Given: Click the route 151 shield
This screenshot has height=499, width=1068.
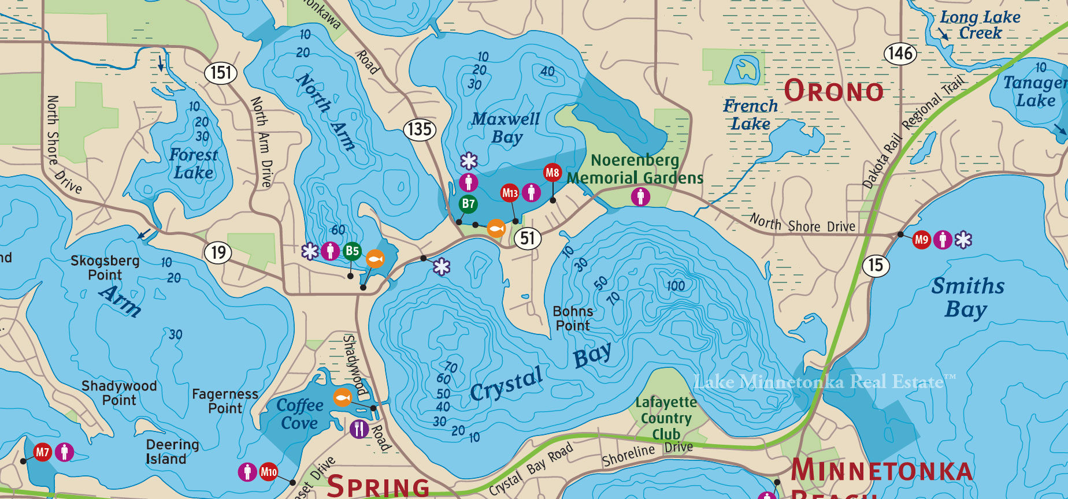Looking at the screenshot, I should pos(221,73).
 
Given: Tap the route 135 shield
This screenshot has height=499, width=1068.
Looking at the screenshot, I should pos(420,129).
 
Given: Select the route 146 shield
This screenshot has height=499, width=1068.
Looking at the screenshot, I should pos(900,54).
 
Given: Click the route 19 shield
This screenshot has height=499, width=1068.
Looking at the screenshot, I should pos(218,252).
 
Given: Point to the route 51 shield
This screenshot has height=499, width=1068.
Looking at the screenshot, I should pos(527,238).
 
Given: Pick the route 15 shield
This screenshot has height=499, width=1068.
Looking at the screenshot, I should pos(876,265).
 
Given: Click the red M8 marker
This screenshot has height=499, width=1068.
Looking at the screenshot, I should pos(552,172).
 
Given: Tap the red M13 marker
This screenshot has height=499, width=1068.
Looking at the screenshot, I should pos(510,193).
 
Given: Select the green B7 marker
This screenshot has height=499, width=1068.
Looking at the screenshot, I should pos(468,203).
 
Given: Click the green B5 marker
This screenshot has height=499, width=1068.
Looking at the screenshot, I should pos(352,251).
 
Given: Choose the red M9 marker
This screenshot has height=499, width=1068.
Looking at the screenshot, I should pos(922,239).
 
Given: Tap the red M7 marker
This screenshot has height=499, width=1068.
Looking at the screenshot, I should pos(43,452).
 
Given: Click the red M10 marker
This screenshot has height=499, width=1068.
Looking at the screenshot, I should pos(268,472).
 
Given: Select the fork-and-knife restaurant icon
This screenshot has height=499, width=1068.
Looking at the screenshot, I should pos(359,429).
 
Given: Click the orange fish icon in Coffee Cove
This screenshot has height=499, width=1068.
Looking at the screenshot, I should pos(343,397).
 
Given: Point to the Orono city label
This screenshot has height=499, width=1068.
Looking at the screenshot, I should pos(833,91).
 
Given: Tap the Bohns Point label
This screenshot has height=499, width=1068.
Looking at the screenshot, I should pos(572,318).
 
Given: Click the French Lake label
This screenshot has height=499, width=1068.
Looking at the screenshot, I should pos(750,114).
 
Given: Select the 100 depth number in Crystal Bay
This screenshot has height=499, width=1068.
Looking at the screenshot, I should pos(675,286).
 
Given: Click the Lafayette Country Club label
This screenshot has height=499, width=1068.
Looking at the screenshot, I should pos(666,418).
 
